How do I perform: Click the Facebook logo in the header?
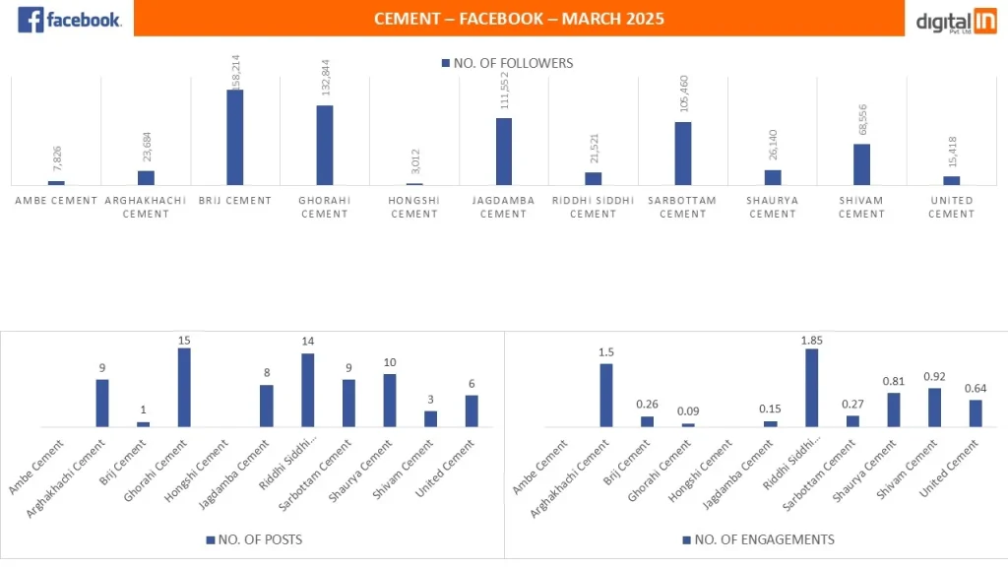[69, 20]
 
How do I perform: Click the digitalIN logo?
[955, 22]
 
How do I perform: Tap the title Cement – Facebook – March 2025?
[519, 19]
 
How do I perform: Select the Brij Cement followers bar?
[235, 137]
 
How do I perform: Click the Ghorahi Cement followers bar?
[325, 145]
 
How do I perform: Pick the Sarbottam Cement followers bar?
[683, 153]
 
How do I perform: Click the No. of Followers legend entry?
[507, 63]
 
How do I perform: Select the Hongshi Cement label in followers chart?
[414, 207]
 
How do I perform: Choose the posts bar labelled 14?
[307, 390]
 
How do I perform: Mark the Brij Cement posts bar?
[144, 423]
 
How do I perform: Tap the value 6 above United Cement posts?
[472, 384]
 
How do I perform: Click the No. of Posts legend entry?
[254, 539]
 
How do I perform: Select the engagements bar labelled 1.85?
[811, 388]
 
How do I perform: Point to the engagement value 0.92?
[934, 376]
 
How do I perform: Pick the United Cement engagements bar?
[976, 412]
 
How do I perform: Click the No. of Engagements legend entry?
[758, 539]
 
